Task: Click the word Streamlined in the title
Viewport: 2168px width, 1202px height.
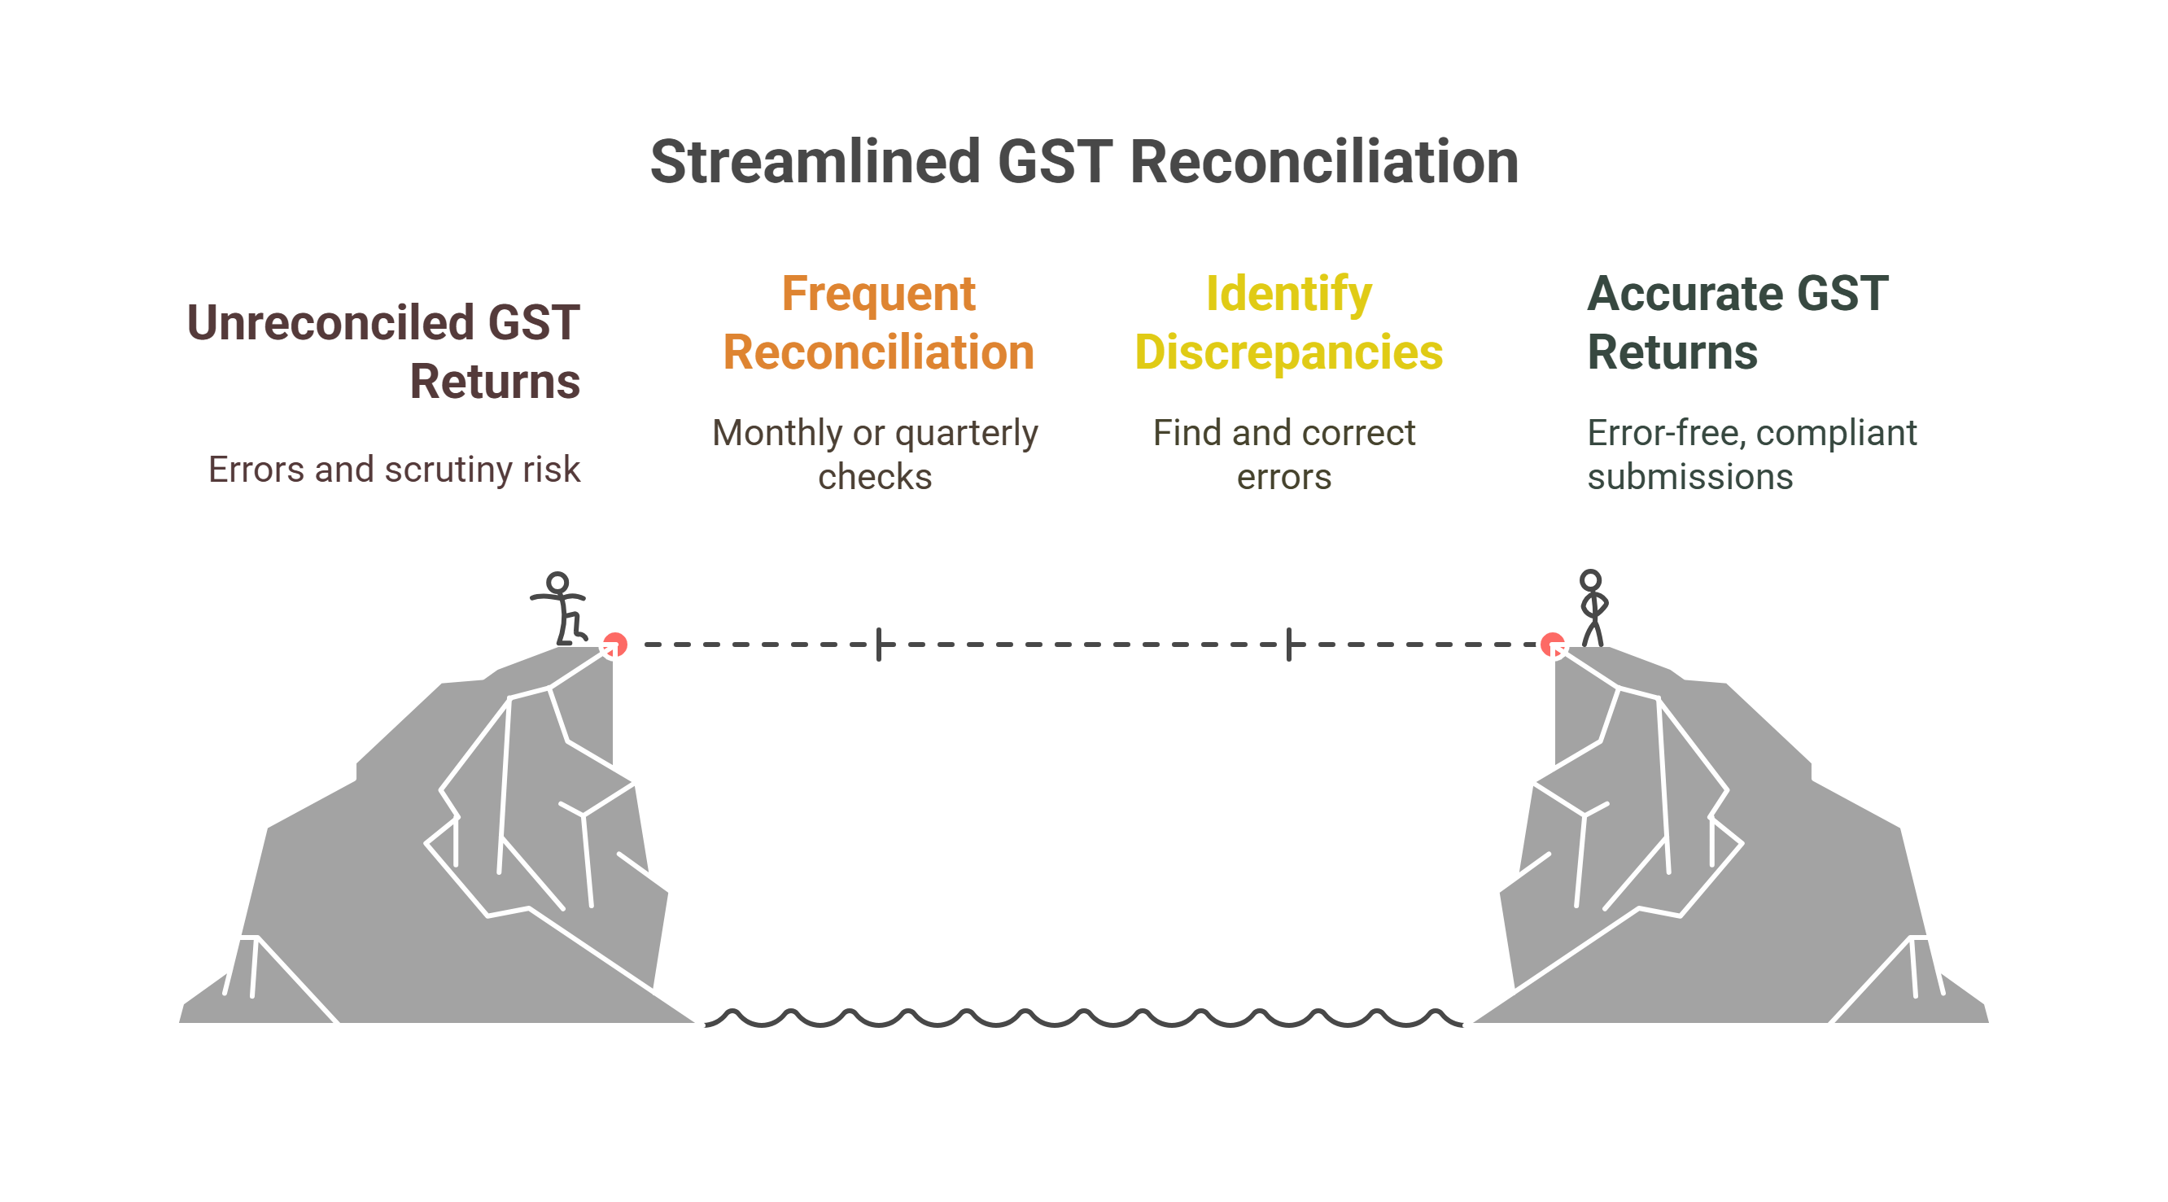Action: tap(815, 162)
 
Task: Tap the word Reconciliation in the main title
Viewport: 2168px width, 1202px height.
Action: tap(1324, 162)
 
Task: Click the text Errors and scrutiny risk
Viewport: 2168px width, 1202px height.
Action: tap(394, 470)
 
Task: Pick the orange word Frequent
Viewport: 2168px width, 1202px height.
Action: tap(878, 294)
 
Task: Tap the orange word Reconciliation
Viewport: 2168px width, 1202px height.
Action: tap(878, 352)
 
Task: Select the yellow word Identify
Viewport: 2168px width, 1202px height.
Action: tap(1287, 294)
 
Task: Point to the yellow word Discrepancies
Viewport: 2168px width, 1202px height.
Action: tap(1287, 352)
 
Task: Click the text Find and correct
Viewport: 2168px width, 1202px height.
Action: tap(1283, 434)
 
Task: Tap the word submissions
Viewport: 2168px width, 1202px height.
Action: tap(1689, 477)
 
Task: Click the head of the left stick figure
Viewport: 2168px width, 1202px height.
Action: tap(557, 582)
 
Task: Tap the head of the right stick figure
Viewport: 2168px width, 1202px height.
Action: tap(1590, 580)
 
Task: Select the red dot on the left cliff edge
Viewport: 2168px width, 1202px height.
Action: tap(615, 644)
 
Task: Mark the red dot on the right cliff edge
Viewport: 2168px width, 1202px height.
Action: tap(1552, 645)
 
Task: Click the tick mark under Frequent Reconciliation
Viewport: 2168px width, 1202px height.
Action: tap(879, 645)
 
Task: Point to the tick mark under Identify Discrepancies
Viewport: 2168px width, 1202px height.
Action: tap(1288, 645)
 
